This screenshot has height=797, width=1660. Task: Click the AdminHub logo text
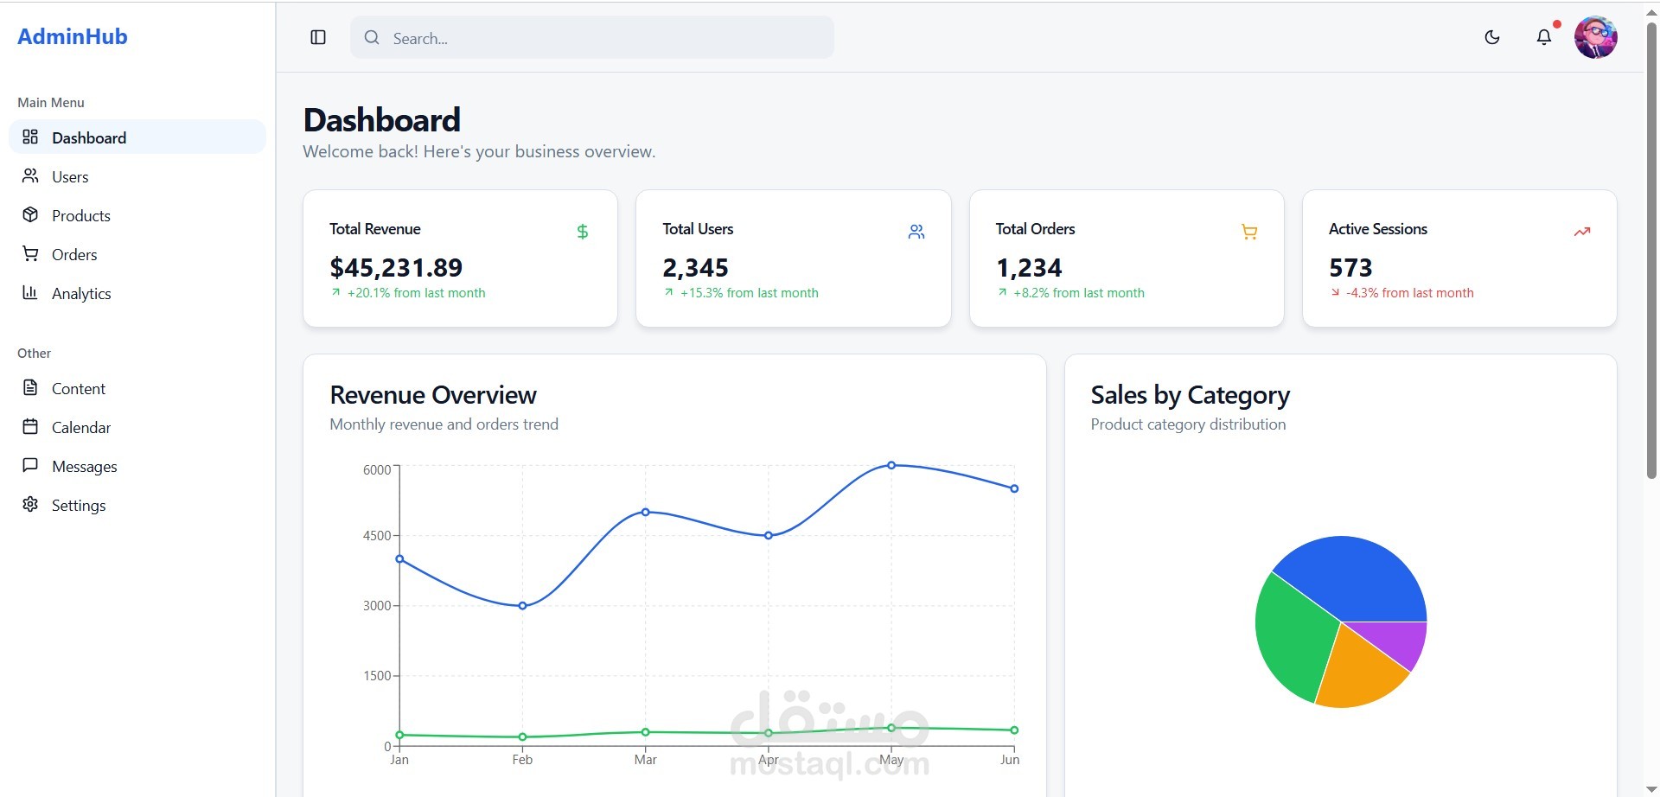point(73,36)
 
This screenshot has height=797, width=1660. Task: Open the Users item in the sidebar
point(69,176)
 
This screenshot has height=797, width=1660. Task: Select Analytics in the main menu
point(80,293)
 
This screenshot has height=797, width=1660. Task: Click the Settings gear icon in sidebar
point(30,504)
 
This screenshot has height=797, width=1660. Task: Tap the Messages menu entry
point(84,466)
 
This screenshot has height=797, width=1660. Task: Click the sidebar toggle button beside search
point(318,37)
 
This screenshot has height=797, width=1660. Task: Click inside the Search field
point(591,38)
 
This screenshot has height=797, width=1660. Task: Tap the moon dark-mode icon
point(1491,37)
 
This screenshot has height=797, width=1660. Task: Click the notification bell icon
point(1543,37)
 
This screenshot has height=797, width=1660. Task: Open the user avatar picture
point(1595,37)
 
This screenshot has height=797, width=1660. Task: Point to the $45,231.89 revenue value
point(396,267)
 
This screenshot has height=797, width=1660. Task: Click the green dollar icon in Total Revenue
point(582,231)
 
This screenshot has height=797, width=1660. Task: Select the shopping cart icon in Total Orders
point(1248,231)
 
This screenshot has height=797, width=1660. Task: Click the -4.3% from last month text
point(1409,293)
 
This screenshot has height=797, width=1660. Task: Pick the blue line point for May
point(891,465)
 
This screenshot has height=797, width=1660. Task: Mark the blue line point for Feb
point(522,606)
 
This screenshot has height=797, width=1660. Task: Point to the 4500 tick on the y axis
point(377,535)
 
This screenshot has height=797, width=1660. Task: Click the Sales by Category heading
point(1190,395)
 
